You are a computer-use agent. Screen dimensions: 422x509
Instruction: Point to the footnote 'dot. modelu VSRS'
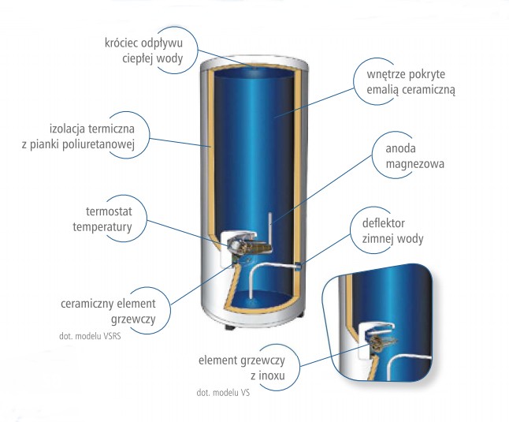tap(95, 334)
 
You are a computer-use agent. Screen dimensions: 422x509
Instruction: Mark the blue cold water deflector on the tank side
tap(300, 265)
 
